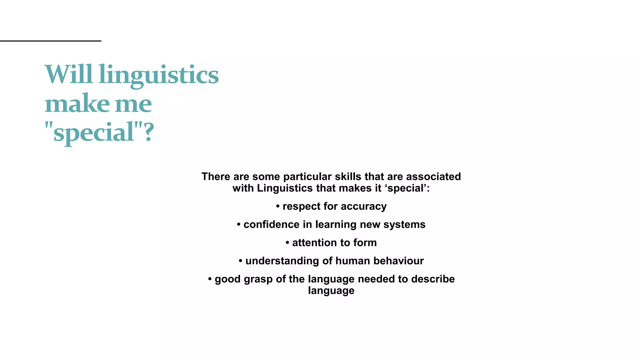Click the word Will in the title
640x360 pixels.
pos(69,74)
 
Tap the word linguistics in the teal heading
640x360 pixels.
pos(158,75)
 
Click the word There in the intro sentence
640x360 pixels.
pos(216,177)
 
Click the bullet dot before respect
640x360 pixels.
pos(278,206)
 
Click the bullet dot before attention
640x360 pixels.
pos(287,242)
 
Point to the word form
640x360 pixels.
pos(365,242)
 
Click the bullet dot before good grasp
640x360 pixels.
pos(210,278)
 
